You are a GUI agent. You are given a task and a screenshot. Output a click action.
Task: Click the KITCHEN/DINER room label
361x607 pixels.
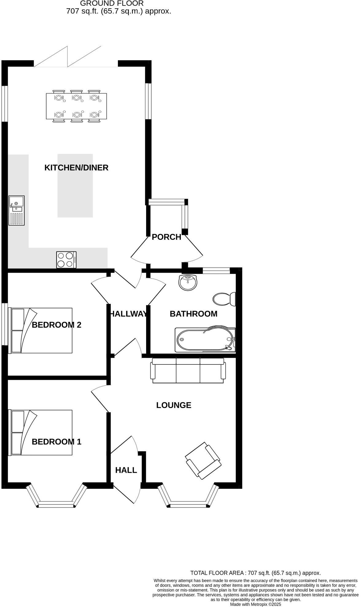(76, 168)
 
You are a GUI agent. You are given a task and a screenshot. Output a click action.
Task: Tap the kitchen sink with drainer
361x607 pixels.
(17, 211)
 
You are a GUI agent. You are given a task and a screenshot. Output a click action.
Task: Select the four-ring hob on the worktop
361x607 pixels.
(66, 260)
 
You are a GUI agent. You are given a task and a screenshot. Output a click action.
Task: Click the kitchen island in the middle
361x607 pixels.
(75, 186)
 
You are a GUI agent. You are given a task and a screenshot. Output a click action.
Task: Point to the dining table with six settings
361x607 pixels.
(76, 106)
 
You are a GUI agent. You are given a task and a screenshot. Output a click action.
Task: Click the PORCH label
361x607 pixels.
(166, 237)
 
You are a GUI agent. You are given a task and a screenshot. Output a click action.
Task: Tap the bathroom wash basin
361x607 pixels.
(188, 283)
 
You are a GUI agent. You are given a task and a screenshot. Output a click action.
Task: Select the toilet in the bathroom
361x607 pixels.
(224, 299)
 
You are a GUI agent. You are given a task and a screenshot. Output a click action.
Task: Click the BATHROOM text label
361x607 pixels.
(193, 314)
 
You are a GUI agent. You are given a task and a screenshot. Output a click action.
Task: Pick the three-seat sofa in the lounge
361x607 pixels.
(188, 371)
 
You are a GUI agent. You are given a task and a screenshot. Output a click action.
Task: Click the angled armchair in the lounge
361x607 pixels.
(203, 461)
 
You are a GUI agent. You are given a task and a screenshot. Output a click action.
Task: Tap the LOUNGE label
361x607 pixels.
(174, 405)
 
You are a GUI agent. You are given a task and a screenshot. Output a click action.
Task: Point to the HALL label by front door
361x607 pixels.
(126, 470)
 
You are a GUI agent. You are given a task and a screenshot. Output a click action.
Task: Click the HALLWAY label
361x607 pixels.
(128, 314)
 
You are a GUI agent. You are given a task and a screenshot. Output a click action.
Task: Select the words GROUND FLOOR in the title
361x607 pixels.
(112, 4)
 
